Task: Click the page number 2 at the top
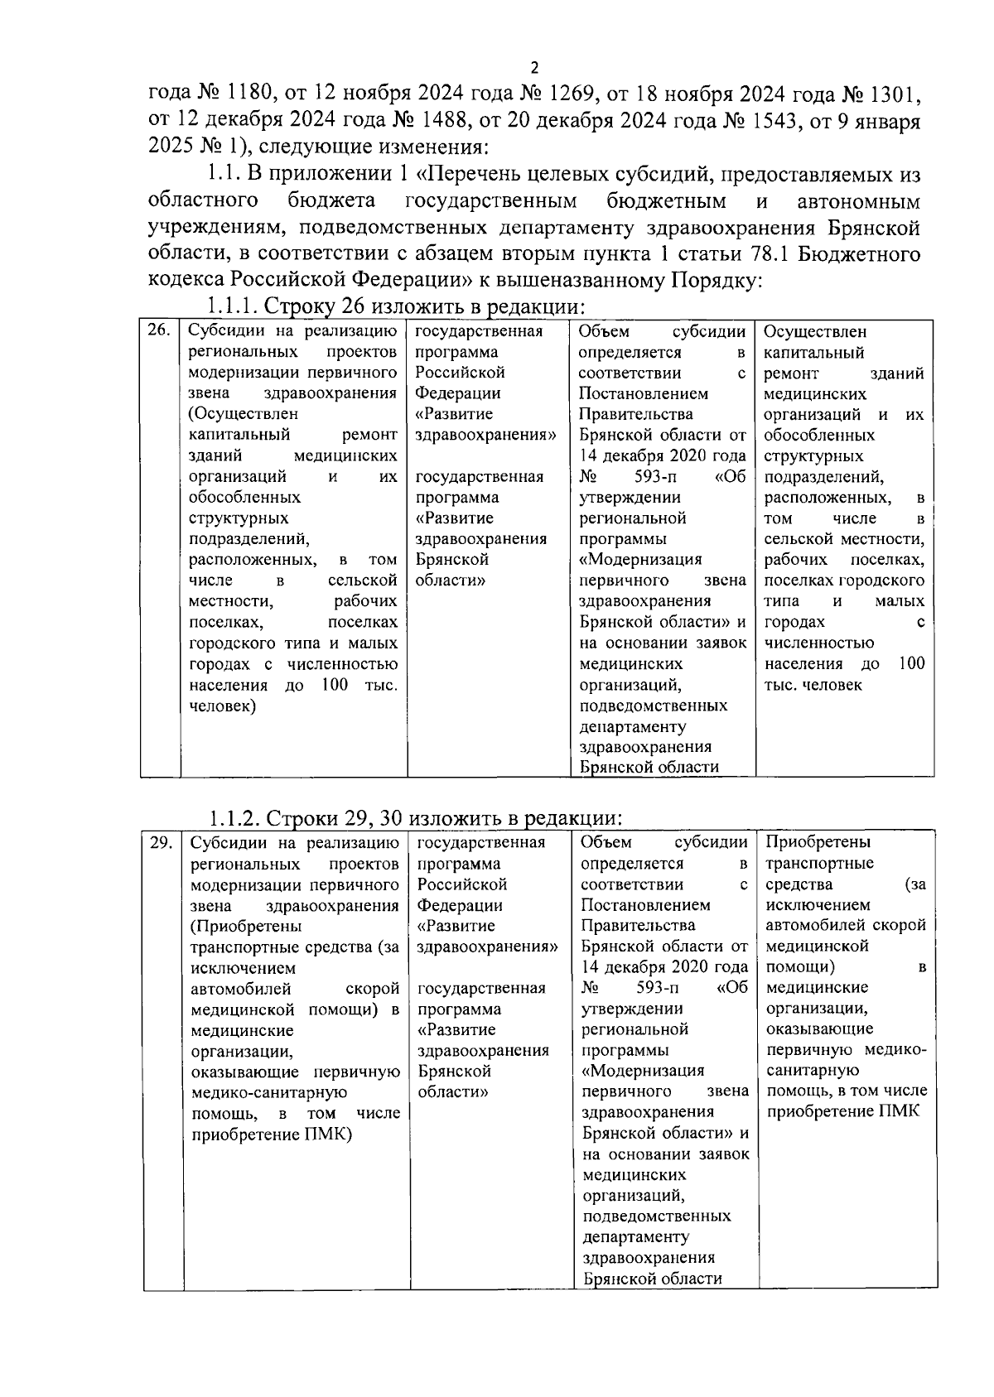[x=534, y=68]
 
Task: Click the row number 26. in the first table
[x=158, y=331]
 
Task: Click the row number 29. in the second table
[x=161, y=843]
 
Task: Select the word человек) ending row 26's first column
[x=223, y=706]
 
